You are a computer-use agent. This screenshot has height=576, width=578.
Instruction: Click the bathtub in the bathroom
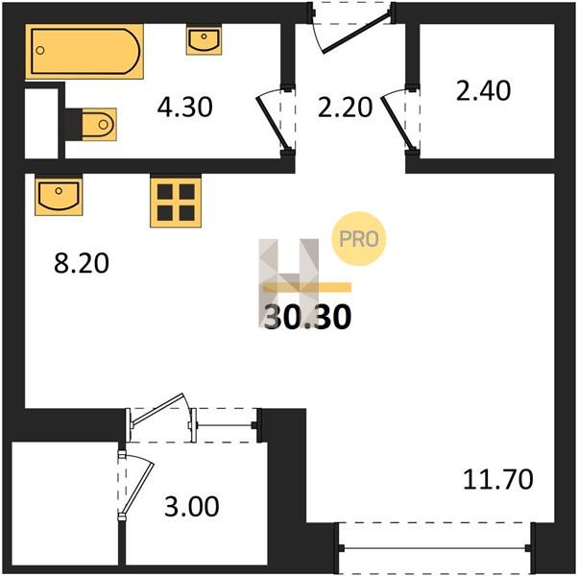tap(84, 51)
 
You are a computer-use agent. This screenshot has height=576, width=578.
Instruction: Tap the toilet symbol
tap(99, 124)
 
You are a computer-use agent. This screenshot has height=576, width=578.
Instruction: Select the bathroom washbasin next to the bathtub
tap(204, 39)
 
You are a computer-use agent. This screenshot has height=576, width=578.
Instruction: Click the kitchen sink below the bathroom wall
tap(59, 195)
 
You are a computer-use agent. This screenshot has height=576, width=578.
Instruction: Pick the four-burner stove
tap(176, 202)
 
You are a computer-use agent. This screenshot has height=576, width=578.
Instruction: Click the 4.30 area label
tap(184, 108)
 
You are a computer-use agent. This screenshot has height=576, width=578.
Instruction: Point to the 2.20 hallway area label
tap(345, 108)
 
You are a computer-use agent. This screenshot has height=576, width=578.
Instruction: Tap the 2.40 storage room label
tap(483, 90)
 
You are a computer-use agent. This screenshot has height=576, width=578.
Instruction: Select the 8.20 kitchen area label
tap(82, 263)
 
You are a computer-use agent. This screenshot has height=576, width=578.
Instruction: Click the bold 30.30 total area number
tap(308, 317)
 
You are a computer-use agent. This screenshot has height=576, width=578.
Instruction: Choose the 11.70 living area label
tap(497, 479)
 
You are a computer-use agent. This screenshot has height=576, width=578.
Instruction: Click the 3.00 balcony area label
tap(192, 506)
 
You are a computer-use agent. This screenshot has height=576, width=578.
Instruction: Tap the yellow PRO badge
tap(359, 239)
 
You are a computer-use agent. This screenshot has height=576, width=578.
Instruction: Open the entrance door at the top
tap(355, 33)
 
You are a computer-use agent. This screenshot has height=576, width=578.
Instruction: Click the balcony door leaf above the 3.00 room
tap(157, 408)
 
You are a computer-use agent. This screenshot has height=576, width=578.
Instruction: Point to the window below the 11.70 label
tap(435, 548)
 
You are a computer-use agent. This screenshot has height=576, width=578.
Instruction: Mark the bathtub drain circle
tap(40, 51)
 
